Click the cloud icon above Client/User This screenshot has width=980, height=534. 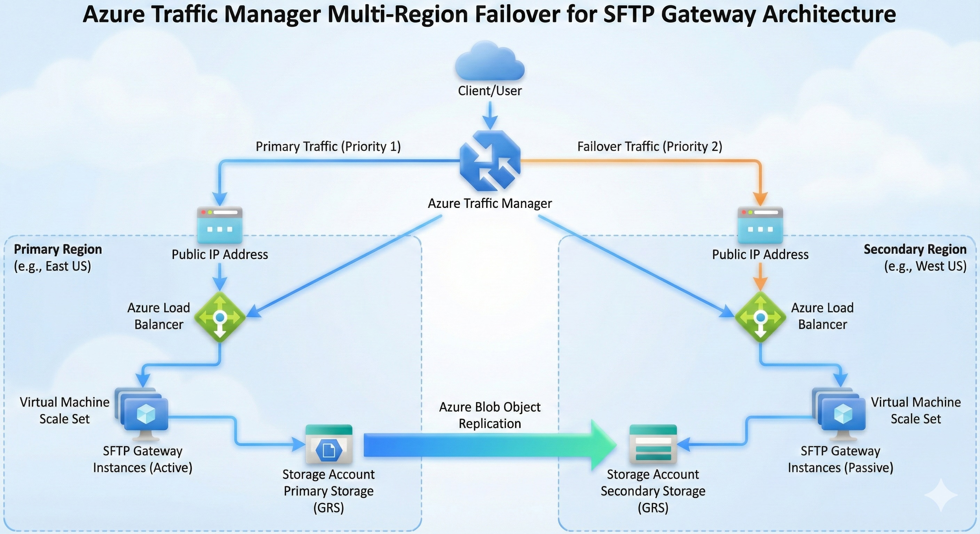pos(490,62)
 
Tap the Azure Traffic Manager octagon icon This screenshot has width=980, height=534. pos(490,161)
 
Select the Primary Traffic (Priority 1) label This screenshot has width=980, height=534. pos(328,146)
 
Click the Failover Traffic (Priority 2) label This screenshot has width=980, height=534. pos(649,146)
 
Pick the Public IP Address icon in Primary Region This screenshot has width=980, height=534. pos(220,225)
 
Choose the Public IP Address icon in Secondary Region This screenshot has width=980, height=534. pos(760,225)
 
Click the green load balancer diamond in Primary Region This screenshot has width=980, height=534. pos(220,317)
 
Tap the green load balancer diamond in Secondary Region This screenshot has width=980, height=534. pos(760,317)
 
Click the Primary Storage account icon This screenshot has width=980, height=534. pos(329,444)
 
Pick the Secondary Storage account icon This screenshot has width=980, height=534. pos(653,444)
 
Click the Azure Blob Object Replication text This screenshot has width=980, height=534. pos(490,415)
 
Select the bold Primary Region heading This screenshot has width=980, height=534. pos(58,249)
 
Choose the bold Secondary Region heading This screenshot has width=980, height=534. pos(915,249)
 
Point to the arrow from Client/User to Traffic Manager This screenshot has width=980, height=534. pos(490,116)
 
